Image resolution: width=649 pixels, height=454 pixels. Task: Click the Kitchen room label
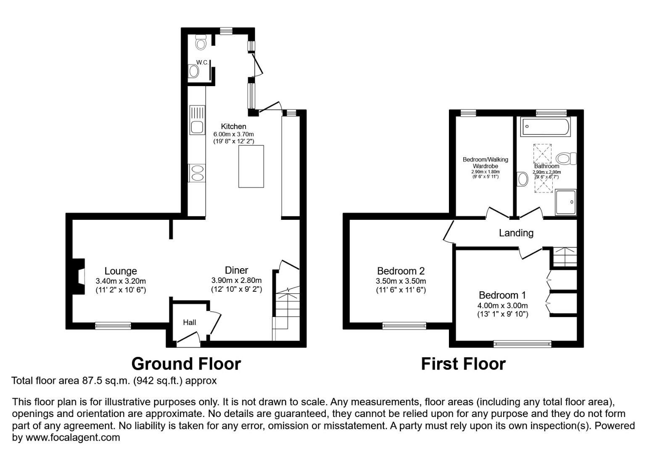[x=233, y=126]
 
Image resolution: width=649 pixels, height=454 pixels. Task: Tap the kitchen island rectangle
[x=251, y=166]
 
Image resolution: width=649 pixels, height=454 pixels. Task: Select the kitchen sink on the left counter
[x=197, y=120]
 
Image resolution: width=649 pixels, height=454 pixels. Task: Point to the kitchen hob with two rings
[x=197, y=173]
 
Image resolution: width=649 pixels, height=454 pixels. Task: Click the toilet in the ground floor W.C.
[x=201, y=42]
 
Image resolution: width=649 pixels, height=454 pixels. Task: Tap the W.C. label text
[x=202, y=62]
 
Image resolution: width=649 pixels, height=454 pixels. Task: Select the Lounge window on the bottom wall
[x=113, y=325]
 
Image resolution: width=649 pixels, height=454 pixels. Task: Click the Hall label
[x=189, y=322]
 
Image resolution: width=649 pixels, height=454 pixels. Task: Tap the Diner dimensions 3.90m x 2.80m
[x=236, y=280]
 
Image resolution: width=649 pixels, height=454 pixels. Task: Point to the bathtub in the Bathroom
[x=545, y=127]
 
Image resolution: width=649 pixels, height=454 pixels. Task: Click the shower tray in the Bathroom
[x=565, y=202]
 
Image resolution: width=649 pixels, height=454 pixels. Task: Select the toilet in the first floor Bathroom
[x=566, y=159]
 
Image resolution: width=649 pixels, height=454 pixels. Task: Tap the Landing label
[x=516, y=232]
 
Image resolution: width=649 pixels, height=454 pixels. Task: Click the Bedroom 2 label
[x=401, y=271]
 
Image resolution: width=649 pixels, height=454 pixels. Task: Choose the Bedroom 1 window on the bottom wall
[x=522, y=343]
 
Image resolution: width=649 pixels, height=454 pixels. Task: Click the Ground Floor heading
[x=186, y=364]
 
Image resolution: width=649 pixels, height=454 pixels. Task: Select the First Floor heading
[x=463, y=364]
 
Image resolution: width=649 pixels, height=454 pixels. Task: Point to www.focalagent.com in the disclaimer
[x=73, y=437]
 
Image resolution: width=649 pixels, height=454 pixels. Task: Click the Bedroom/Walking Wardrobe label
[x=485, y=163]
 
